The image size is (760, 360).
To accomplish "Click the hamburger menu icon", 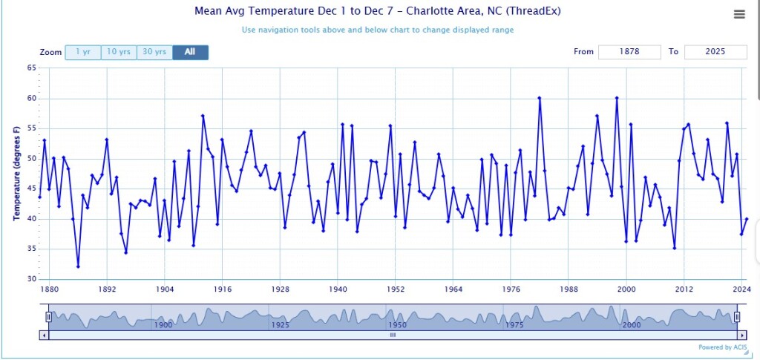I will click(x=738, y=14).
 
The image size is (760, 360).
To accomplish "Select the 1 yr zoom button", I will click(x=82, y=52).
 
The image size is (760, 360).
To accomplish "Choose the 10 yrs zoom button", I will click(x=119, y=52).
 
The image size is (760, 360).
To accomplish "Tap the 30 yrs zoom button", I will click(x=154, y=52).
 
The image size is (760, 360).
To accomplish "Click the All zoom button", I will click(x=190, y=52).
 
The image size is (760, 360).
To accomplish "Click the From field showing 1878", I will click(x=629, y=52).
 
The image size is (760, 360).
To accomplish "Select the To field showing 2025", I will click(x=715, y=52).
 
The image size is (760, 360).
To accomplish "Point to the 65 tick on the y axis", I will click(x=32, y=68).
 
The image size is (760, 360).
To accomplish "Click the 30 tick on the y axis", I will click(x=32, y=279).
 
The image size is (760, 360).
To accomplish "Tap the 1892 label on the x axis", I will click(x=107, y=289).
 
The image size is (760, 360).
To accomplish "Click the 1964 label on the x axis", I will click(x=453, y=289).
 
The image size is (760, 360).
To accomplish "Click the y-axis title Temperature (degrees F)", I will click(x=16, y=174).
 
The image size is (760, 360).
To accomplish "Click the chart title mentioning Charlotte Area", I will click(x=378, y=11).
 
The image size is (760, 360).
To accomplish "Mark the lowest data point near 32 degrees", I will click(x=78, y=266).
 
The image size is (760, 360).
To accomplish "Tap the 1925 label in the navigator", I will click(x=280, y=325).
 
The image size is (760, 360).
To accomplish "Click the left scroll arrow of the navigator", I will click(x=44, y=335).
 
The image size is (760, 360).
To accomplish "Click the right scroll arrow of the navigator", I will click(x=741, y=335).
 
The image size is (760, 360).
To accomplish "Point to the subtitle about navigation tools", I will click(x=378, y=30).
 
